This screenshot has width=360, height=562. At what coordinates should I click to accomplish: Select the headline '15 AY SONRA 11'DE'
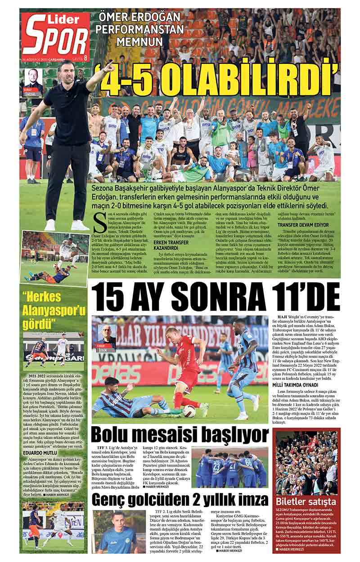[x=216, y=298]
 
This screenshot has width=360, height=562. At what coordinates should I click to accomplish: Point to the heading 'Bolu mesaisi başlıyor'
[x=180, y=435]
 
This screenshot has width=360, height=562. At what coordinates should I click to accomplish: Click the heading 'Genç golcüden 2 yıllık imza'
[x=180, y=500]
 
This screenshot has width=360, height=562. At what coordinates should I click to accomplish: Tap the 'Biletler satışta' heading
[x=306, y=501]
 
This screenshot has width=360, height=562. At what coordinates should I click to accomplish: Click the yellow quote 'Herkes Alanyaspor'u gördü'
[x=54, y=309]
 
